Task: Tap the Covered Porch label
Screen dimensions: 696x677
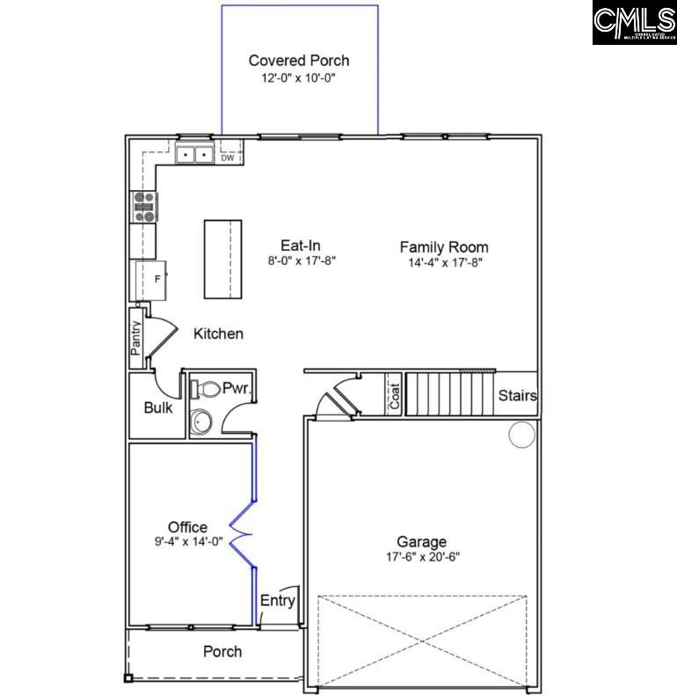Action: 299,61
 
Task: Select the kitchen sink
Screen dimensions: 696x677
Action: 194,156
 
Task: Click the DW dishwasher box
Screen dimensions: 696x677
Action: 228,158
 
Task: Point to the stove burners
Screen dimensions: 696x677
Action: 144,207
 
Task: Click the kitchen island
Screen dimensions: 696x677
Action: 222,260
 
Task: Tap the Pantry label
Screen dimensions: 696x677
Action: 136,338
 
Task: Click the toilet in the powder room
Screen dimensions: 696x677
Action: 204,388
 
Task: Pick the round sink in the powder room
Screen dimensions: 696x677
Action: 202,422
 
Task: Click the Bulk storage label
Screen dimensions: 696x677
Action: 158,408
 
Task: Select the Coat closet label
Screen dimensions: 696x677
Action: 395,393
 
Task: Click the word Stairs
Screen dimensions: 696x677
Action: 518,396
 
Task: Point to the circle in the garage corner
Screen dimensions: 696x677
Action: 522,434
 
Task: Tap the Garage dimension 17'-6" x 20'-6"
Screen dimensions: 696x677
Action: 422,557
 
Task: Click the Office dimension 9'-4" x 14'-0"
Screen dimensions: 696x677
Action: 189,542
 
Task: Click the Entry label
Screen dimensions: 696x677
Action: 278,600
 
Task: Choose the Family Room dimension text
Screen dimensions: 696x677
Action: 445,262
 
